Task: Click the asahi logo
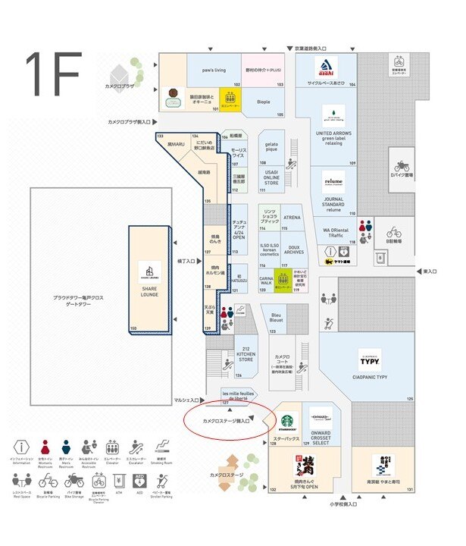point(326,67)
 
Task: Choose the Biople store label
point(263,100)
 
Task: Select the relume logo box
point(333,182)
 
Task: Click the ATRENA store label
point(292,218)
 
